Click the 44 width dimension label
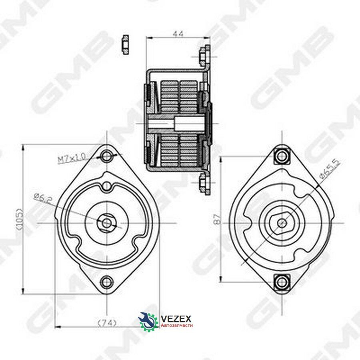click(178, 34)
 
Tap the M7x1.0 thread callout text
click(72, 158)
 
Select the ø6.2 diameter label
click(43, 199)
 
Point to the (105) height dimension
click(20, 219)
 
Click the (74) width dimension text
click(107, 323)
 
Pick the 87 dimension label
click(217, 219)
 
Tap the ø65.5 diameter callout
click(330, 169)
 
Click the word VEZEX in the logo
click(176, 319)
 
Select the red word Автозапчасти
click(177, 325)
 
